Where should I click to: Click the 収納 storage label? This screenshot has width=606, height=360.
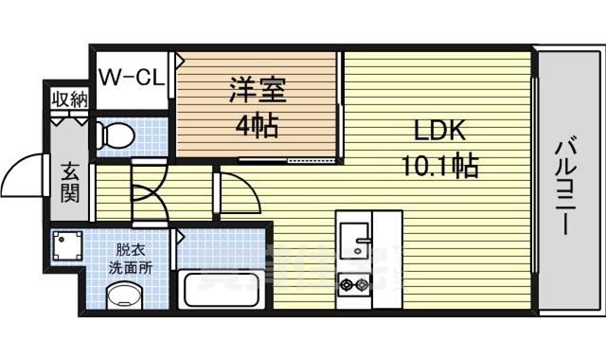tap(69, 99)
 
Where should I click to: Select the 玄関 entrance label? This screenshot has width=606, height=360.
tap(71, 185)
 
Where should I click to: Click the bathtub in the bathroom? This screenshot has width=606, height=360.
tap(223, 288)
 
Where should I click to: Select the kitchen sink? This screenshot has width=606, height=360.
tap(354, 241)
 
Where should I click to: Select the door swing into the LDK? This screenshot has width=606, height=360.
tap(242, 194)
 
